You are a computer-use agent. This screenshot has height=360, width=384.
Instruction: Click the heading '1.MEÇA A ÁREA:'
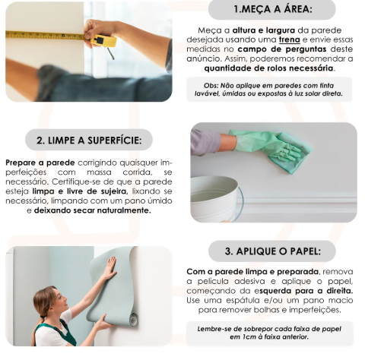click(x=273, y=9)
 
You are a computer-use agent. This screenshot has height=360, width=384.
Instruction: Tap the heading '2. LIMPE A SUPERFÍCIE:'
click(x=89, y=141)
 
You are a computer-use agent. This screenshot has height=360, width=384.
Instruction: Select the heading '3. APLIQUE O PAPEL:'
click(x=273, y=251)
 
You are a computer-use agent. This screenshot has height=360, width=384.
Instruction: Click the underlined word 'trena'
click(x=289, y=39)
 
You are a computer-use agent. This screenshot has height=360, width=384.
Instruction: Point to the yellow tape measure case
click(x=103, y=41)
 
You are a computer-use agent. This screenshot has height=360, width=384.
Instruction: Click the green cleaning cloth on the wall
click(x=291, y=152)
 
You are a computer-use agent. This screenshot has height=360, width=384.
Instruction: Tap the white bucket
click(x=216, y=199)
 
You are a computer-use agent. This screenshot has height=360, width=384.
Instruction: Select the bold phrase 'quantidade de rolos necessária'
click(x=268, y=68)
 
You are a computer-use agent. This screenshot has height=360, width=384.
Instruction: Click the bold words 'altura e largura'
click(x=264, y=30)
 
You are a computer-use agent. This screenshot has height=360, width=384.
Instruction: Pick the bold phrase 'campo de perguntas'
click(x=282, y=49)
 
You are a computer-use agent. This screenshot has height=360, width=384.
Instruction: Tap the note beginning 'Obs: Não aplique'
click(x=269, y=90)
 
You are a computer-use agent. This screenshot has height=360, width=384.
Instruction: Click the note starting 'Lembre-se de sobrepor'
click(x=269, y=333)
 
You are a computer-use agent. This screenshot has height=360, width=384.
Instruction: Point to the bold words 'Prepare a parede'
click(x=40, y=163)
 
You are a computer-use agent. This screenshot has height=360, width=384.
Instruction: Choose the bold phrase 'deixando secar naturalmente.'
click(x=93, y=210)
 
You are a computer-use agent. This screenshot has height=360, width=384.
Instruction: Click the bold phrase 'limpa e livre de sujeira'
click(x=79, y=191)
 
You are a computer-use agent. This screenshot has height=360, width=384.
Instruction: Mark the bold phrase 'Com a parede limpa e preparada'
click(x=252, y=272)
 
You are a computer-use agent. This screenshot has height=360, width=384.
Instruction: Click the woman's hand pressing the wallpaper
click(x=110, y=267)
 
